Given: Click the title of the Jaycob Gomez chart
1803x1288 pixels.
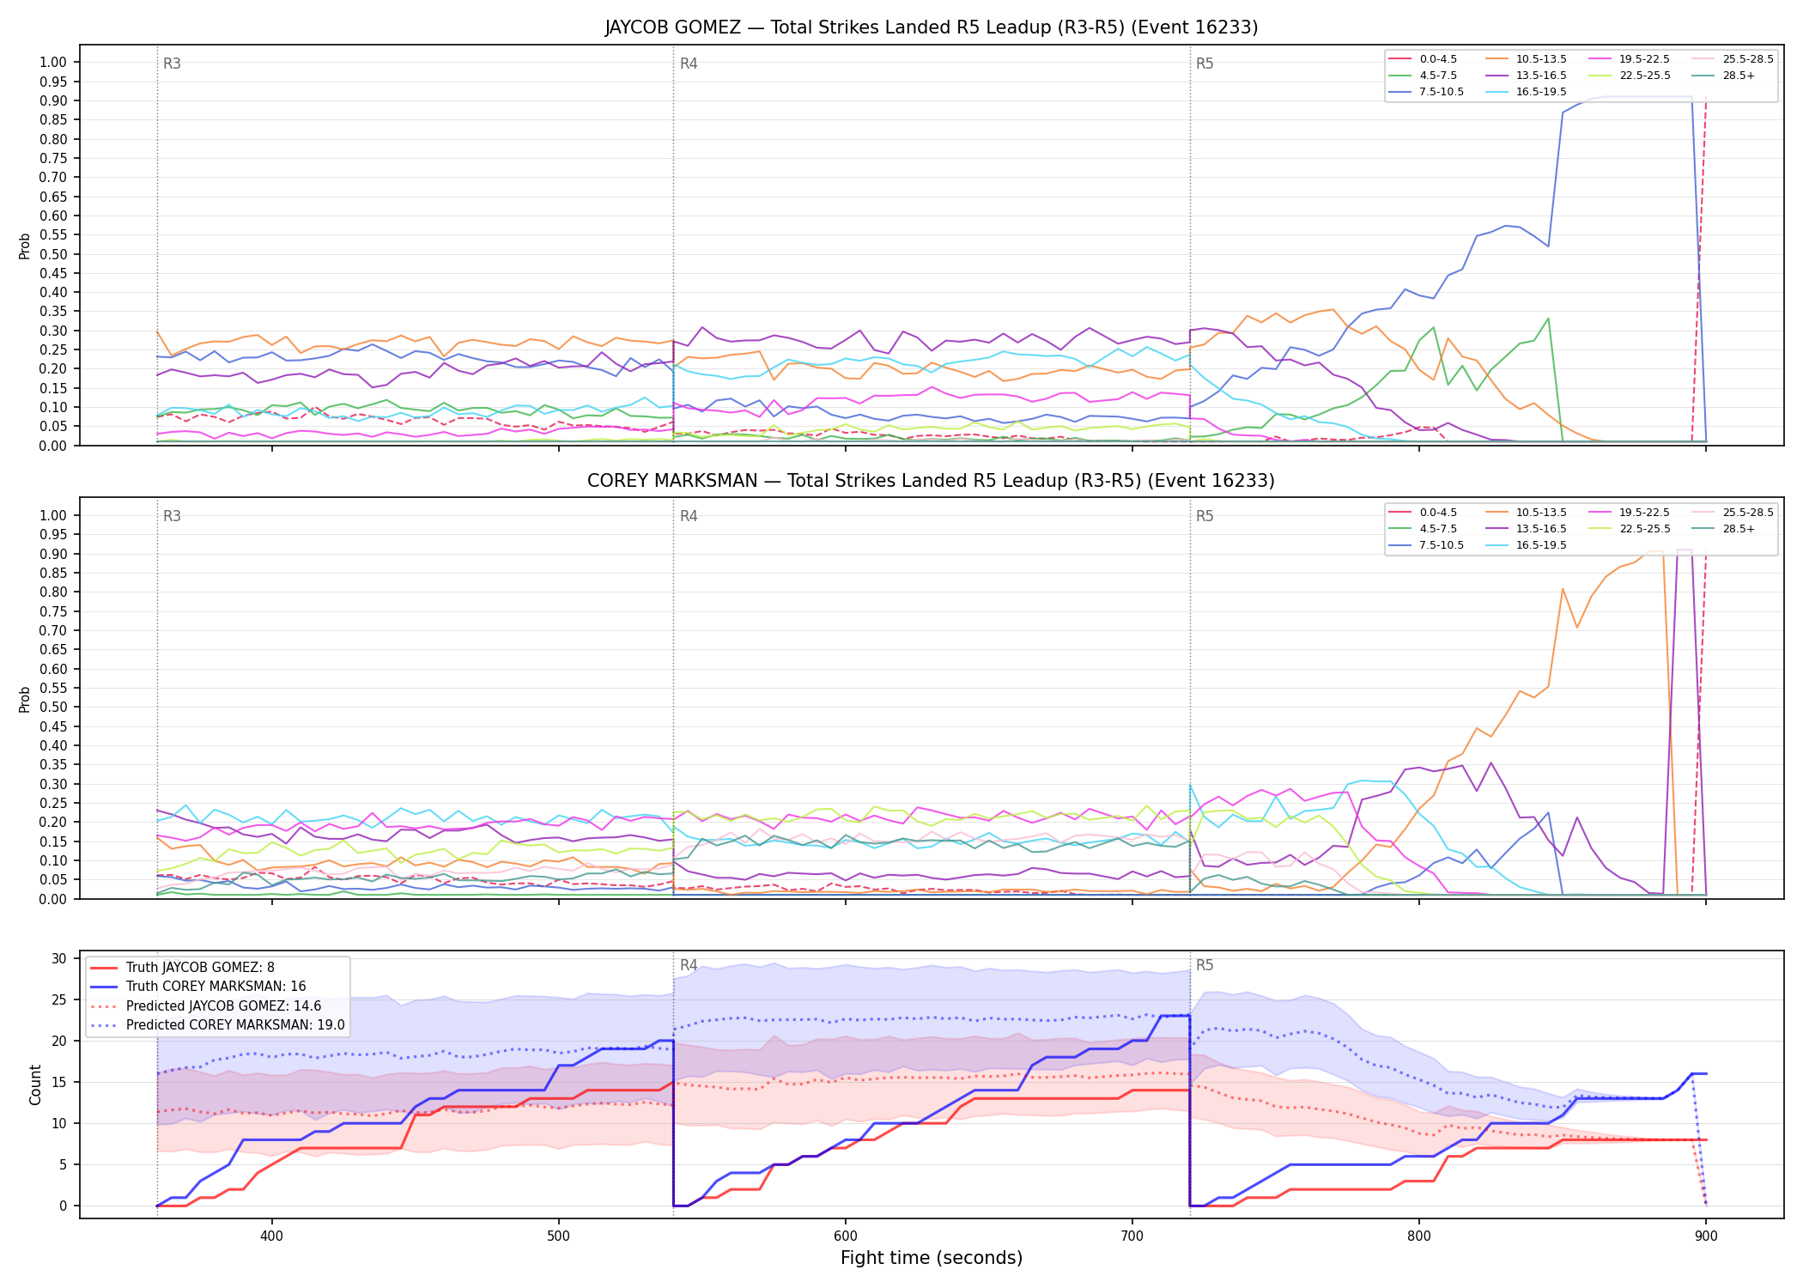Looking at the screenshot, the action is point(931,27).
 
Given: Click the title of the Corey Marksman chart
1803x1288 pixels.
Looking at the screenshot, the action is point(931,481).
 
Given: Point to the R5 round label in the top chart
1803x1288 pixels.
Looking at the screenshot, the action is point(1205,64).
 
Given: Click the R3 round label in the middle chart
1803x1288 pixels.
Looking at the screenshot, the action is point(172,516).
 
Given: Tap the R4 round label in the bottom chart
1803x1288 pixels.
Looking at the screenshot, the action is point(689,965).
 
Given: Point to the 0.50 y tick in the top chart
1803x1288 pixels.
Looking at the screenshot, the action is point(53,254).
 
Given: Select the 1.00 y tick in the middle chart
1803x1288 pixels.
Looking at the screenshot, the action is point(53,515).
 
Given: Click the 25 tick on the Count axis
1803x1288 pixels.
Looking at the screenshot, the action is point(59,999).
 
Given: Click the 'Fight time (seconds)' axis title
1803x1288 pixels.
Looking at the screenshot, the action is point(932,1259).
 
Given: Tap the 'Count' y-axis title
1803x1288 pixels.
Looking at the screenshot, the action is point(35,1084).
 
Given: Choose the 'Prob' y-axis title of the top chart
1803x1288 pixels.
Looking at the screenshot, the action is point(25,246).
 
